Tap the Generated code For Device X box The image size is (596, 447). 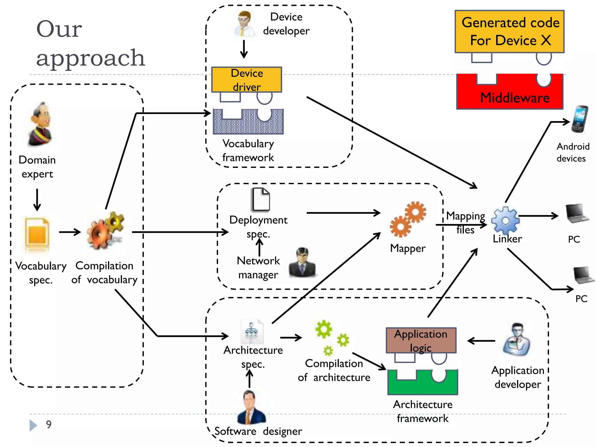[510, 31]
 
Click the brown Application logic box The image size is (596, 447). [421, 340]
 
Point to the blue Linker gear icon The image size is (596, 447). [505, 220]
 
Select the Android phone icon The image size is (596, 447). [579, 119]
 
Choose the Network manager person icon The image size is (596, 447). [302, 262]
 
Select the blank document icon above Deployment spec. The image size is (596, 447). [261, 199]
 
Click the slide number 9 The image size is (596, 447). [49, 424]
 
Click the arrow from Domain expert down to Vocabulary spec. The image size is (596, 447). [37, 200]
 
